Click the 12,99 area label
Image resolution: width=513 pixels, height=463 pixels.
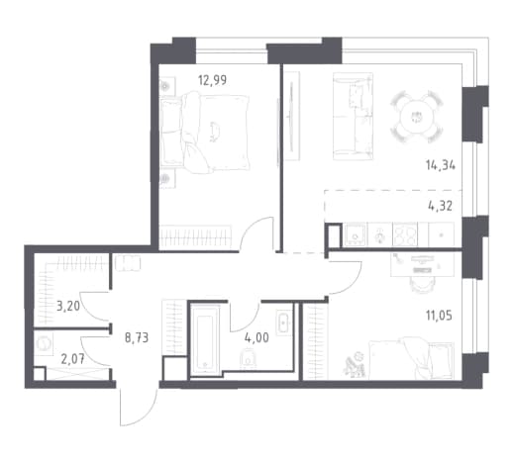212,80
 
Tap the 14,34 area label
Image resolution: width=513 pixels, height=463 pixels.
441,165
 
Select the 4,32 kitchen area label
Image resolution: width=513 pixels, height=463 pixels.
440,206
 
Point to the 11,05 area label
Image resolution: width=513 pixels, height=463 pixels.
439,316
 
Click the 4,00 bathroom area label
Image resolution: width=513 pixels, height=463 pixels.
256,337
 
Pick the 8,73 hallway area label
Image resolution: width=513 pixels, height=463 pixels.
137,337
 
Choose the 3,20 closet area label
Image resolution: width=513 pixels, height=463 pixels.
68,306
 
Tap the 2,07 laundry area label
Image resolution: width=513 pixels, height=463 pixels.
73,359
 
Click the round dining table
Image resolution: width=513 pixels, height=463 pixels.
416,117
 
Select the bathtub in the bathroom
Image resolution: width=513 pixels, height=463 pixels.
205,339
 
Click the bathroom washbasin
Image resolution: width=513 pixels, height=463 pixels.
284,323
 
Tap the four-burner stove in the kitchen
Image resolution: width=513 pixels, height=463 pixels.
405,234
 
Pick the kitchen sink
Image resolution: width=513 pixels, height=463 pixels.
356,234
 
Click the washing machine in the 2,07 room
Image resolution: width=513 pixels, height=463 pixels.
44,343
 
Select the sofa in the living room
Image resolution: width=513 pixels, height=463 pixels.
353,117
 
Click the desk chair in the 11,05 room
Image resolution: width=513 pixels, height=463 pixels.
421,284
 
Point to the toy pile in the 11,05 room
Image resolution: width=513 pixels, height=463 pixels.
354,365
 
